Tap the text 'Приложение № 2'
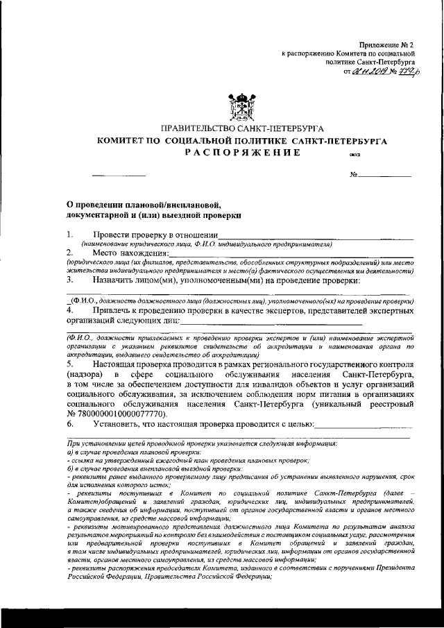[x=391, y=44]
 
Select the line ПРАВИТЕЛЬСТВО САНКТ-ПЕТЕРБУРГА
[x=241, y=128]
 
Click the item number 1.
[x=69, y=235]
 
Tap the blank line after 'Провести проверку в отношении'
[x=316, y=237]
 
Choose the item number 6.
[x=69, y=423]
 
